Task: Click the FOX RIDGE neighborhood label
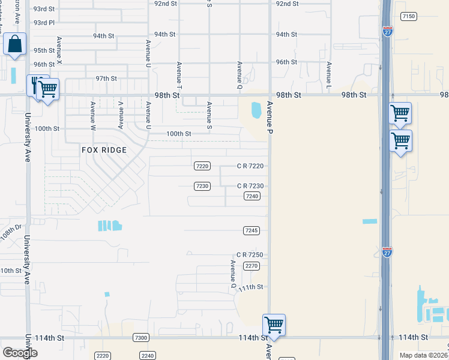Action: [x=104, y=150]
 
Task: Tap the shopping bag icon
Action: [x=15, y=44]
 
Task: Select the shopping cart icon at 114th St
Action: [x=274, y=325]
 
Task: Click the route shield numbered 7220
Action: [x=202, y=166]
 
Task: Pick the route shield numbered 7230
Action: [x=202, y=186]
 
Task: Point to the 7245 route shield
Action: [x=252, y=230]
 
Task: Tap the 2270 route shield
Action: [x=252, y=265]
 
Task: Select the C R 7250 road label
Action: [x=250, y=255]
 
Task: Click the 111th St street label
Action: [x=250, y=287]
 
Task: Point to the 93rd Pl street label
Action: [x=44, y=23]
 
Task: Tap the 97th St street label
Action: [x=106, y=79]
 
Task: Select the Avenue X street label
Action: [x=59, y=51]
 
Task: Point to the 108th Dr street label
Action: [x=11, y=233]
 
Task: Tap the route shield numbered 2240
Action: [x=148, y=356]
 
